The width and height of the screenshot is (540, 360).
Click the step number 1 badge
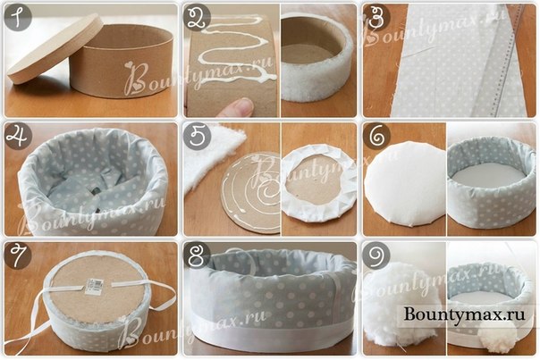click(18, 17)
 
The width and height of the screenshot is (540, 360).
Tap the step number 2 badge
click(197, 17)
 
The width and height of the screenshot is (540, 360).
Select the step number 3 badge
click(376, 17)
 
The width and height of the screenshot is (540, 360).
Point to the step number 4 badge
click(18, 136)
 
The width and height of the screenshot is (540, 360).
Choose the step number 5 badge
click(197, 136)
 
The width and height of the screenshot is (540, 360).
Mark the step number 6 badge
click(376, 136)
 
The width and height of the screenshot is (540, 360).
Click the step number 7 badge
click(18, 255)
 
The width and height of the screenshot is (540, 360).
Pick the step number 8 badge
click(197, 255)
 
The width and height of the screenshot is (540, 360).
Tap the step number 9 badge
click(376, 255)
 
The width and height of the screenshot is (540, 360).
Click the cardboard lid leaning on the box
click(55, 48)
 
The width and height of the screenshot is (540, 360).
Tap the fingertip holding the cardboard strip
click(238, 107)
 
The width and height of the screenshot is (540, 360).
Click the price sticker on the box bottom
click(95, 287)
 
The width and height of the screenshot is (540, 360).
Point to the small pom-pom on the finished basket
click(493, 339)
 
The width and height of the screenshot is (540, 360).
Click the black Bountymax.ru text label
click(465, 314)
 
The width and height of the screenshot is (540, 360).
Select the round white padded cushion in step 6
click(405, 183)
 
